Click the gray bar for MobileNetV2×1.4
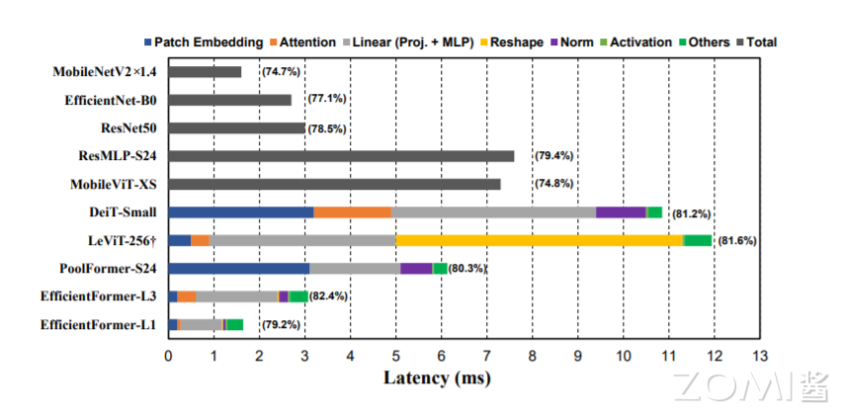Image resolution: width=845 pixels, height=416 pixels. [x=205, y=72]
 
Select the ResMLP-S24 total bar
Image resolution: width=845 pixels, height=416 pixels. [x=341, y=156]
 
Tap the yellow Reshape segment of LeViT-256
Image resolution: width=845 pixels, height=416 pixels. [x=539, y=240]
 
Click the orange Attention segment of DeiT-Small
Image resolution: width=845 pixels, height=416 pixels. [x=352, y=211]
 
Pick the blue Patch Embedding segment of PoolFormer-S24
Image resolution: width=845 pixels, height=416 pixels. [x=239, y=268]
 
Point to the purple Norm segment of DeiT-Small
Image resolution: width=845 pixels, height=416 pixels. [x=620, y=211]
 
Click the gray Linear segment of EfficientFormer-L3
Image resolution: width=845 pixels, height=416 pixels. [x=237, y=296]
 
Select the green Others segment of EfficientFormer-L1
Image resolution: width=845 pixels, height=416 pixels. [x=235, y=324]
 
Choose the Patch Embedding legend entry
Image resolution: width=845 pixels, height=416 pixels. [x=204, y=42]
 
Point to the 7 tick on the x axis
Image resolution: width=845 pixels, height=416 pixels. [x=486, y=355]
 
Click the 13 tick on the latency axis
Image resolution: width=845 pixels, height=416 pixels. [x=759, y=355]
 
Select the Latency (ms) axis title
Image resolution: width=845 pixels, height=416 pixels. [x=437, y=378]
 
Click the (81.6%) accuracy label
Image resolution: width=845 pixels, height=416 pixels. [x=736, y=241]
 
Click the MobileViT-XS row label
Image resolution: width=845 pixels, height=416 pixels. [x=114, y=184]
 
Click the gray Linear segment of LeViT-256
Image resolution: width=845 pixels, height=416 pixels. [x=301, y=240]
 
